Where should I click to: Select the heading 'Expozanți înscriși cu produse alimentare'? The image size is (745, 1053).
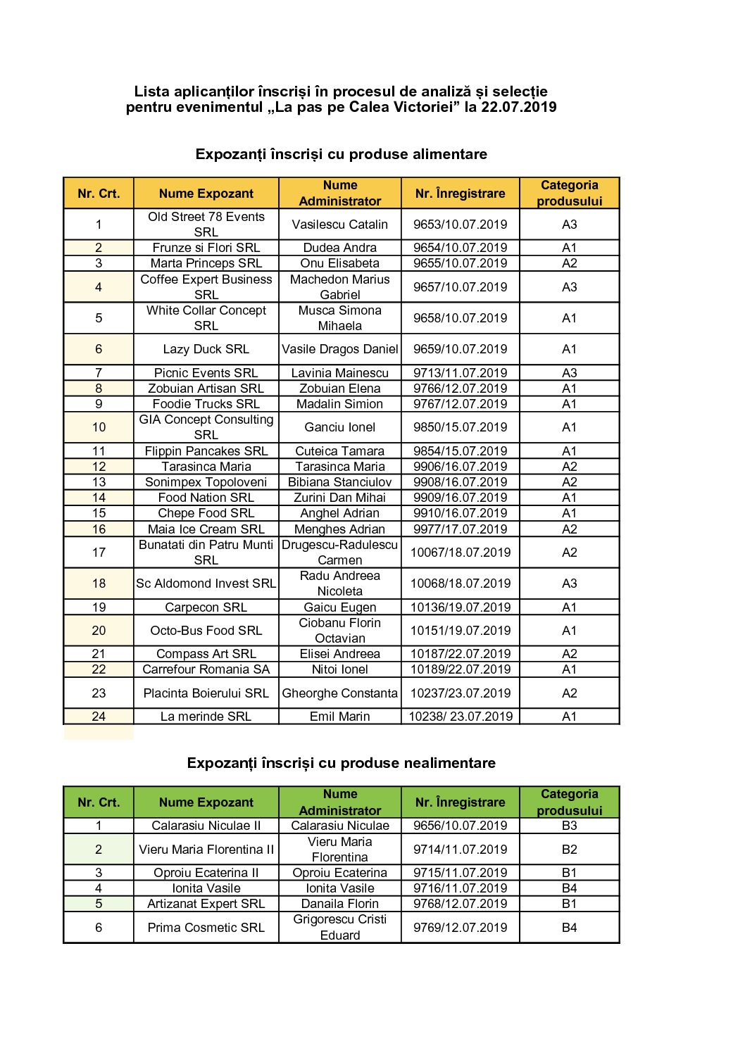point(341,154)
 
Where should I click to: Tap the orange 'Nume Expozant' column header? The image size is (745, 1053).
point(206,194)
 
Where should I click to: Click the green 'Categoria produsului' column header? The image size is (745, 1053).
point(569,802)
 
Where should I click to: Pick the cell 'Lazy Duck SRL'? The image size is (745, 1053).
point(206,349)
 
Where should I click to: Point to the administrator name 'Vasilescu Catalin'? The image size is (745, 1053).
point(339,225)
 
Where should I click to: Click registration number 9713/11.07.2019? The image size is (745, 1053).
point(460,373)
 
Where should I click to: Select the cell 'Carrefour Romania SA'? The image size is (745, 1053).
point(206,669)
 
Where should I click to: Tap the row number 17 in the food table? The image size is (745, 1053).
point(99,553)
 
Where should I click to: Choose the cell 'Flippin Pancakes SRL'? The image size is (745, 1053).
point(206,451)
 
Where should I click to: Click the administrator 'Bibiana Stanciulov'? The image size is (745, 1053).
point(339,482)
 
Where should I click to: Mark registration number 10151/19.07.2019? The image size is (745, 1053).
point(460,631)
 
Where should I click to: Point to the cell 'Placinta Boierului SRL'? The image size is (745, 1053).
point(206,693)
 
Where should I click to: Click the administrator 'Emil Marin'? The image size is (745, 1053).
point(339,717)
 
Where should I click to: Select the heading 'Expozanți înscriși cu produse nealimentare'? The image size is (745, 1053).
point(341,763)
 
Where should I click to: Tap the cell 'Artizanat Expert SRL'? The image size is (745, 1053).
point(206,904)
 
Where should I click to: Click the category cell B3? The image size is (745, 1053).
point(569,826)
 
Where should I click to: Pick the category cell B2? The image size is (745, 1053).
point(569,850)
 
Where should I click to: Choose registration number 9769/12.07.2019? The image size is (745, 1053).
point(460,928)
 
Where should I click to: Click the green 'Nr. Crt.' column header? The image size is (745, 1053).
point(99,802)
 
